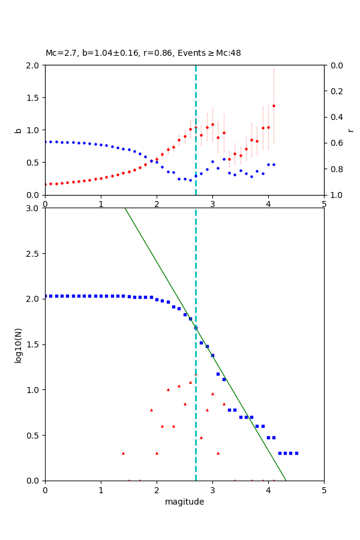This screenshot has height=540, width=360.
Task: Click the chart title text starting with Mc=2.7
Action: coord(143,53)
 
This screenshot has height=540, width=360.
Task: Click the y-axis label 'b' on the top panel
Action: coord(18,130)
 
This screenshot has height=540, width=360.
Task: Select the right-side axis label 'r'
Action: coord(350,130)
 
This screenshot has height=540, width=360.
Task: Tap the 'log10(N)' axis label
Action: coord(18,344)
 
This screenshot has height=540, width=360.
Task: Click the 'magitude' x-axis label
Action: coord(184,502)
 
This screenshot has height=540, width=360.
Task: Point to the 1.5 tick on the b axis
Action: coord(33,98)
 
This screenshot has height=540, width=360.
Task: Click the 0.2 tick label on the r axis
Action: coord(336,91)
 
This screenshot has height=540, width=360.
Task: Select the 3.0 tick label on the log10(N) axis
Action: coord(33,208)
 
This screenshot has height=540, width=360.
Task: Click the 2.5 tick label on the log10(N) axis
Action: coord(33,254)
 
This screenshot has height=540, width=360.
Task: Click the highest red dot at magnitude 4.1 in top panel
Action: coord(274,106)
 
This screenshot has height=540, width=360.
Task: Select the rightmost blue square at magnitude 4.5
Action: coord(296,453)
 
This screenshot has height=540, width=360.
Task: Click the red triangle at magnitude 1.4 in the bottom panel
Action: coord(123,453)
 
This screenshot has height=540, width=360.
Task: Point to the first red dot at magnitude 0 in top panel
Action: coord(46,184)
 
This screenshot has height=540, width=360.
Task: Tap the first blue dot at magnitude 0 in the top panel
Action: coord(46,142)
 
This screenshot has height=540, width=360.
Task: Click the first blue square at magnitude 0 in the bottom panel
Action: coord(46,296)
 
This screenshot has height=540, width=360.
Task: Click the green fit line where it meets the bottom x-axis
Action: coord(286,480)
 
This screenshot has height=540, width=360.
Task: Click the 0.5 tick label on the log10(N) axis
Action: coord(33,436)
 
